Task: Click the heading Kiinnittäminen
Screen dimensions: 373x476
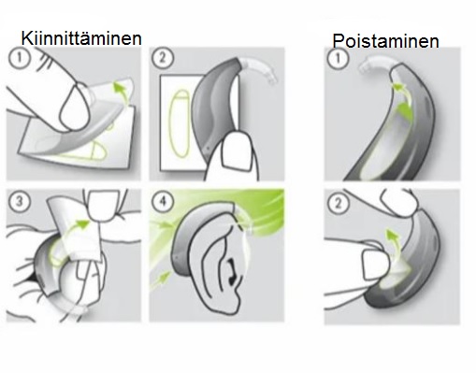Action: tap(82, 38)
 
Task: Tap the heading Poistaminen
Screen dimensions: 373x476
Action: tap(384, 42)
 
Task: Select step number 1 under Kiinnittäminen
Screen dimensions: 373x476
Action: tap(19, 61)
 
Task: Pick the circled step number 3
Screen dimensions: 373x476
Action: tap(19, 201)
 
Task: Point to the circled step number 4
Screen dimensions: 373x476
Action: tap(166, 201)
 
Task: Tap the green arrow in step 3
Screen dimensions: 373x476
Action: tap(82, 224)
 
